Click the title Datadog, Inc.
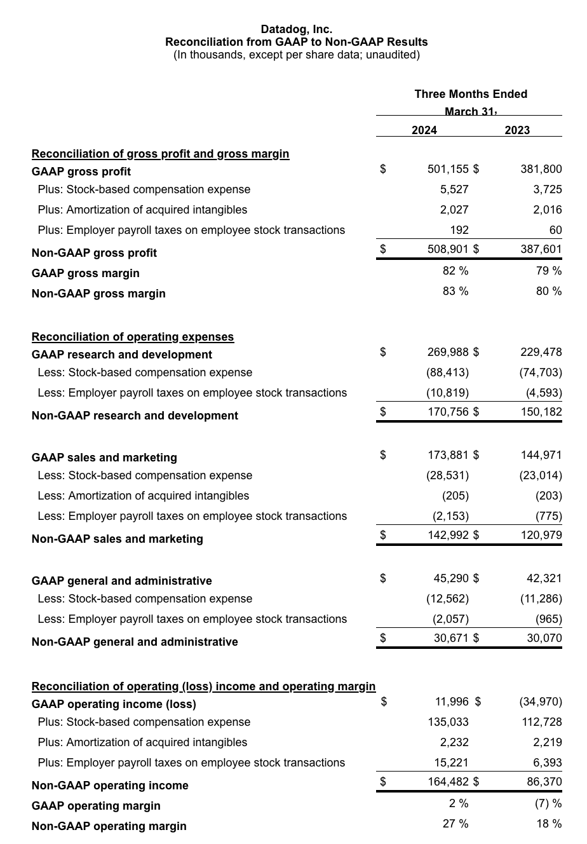[296, 29]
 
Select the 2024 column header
[424, 130]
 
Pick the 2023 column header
[517, 130]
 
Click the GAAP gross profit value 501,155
[447, 169]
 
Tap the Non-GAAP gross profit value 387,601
[541, 249]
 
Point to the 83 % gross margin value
[455, 291]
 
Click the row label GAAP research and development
[122, 355]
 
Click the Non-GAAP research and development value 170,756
[447, 412]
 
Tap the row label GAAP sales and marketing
[104, 458]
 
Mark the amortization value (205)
[455, 496]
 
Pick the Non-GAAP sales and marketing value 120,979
[541, 535]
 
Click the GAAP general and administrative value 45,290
[451, 578]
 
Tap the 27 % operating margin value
[455, 824]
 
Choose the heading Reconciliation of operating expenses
[133, 337]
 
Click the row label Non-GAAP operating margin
[109, 826]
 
